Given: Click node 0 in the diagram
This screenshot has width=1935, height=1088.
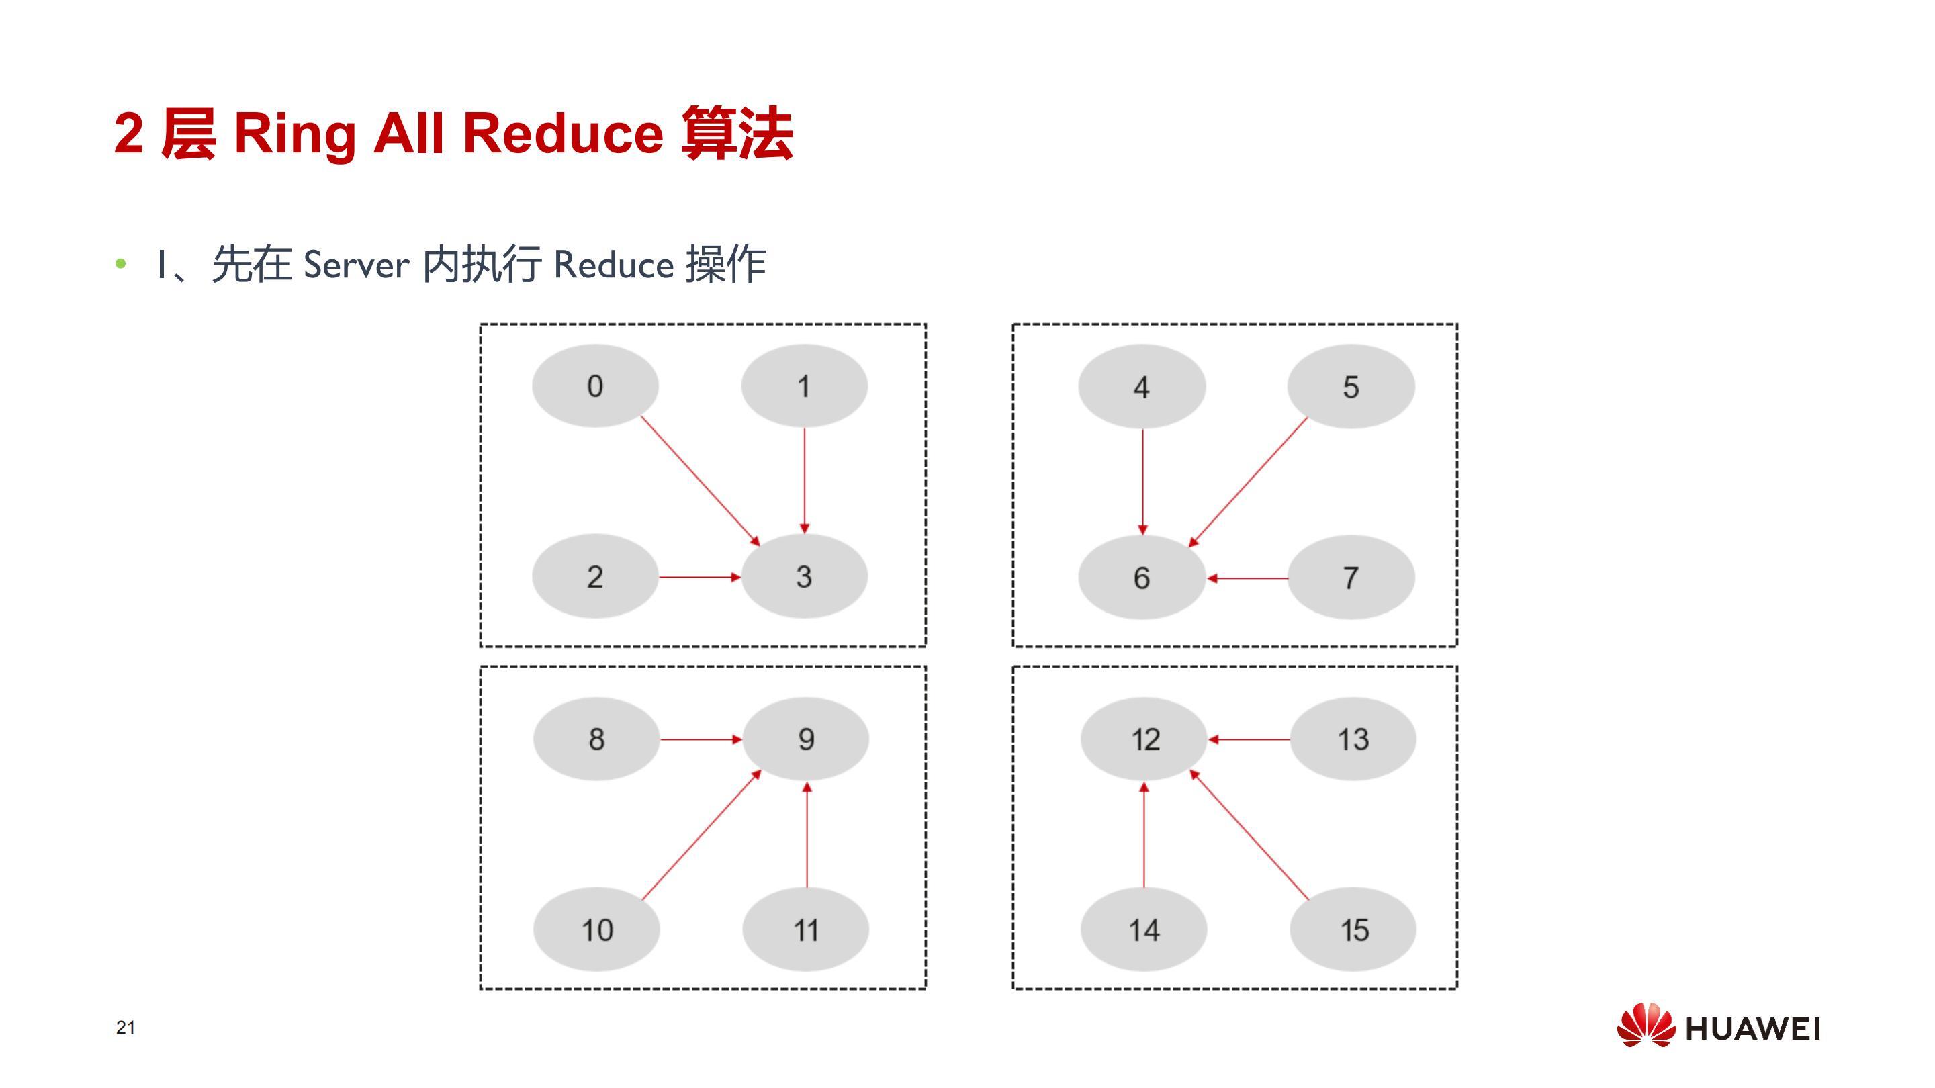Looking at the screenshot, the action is click(x=595, y=386).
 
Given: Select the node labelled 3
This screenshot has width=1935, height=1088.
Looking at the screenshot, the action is click(x=805, y=576).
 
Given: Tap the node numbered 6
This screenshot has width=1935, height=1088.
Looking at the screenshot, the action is click(x=1142, y=577).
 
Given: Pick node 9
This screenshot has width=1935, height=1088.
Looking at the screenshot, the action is click(x=806, y=739).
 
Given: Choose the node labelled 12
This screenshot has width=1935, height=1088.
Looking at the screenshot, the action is click(x=1144, y=739).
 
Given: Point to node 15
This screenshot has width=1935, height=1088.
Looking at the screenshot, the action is click(x=1353, y=930).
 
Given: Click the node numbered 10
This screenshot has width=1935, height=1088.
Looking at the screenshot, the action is click(x=596, y=930).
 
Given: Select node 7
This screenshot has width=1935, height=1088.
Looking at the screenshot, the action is click(x=1351, y=577).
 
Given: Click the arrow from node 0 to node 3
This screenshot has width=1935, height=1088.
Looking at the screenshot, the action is click(x=700, y=481).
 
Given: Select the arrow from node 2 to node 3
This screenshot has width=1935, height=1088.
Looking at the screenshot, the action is click(x=700, y=577).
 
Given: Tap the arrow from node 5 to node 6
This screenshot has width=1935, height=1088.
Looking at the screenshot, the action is click(x=1249, y=482).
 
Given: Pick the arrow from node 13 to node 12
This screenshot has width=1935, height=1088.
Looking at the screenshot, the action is click(x=1249, y=739).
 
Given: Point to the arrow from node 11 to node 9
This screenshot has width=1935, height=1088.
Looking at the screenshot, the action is click(x=807, y=835).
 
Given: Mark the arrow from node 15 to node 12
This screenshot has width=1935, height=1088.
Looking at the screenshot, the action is click(x=1250, y=835).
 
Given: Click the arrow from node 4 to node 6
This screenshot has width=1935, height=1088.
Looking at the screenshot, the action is click(x=1142, y=482).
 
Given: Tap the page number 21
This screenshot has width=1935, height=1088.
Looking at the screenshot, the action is click(x=126, y=1027).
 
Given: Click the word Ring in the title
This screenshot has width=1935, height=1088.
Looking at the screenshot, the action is click(x=294, y=134).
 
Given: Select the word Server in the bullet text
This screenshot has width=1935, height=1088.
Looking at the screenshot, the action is click(x=356, y=265).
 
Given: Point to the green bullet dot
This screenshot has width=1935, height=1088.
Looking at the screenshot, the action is click(x=121, y=264).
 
